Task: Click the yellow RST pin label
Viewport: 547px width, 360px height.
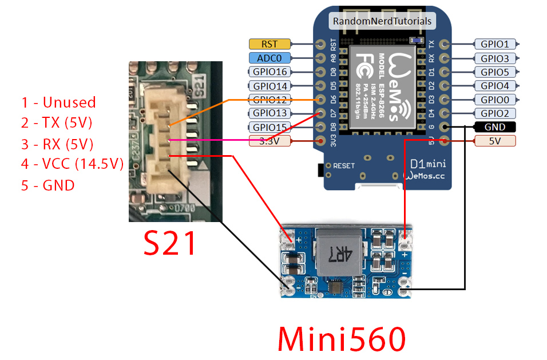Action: [269, 43]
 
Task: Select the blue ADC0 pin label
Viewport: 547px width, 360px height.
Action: [269, 58]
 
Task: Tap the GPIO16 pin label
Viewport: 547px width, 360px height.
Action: [269, 72]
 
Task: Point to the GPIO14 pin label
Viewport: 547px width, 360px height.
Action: [269, 86]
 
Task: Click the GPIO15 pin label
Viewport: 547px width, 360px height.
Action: [269, 127]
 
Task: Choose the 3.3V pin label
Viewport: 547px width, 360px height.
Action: [269, 141]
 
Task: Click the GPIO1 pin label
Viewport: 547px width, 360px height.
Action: [495, 43]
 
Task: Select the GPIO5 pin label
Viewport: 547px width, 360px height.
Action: [495, 72]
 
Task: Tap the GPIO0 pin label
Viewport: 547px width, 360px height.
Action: [495, 100]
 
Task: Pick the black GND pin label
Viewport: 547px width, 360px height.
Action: [495, 127]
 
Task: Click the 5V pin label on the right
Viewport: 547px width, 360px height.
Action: [495, 141]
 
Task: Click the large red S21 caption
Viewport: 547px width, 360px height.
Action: [169, 243]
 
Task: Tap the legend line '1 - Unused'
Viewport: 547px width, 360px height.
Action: [58, 102]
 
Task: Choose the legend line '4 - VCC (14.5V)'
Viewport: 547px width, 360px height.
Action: [73, 164]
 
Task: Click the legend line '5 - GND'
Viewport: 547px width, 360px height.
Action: [48, 185]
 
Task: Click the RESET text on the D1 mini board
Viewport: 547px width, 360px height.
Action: [344, 165]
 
